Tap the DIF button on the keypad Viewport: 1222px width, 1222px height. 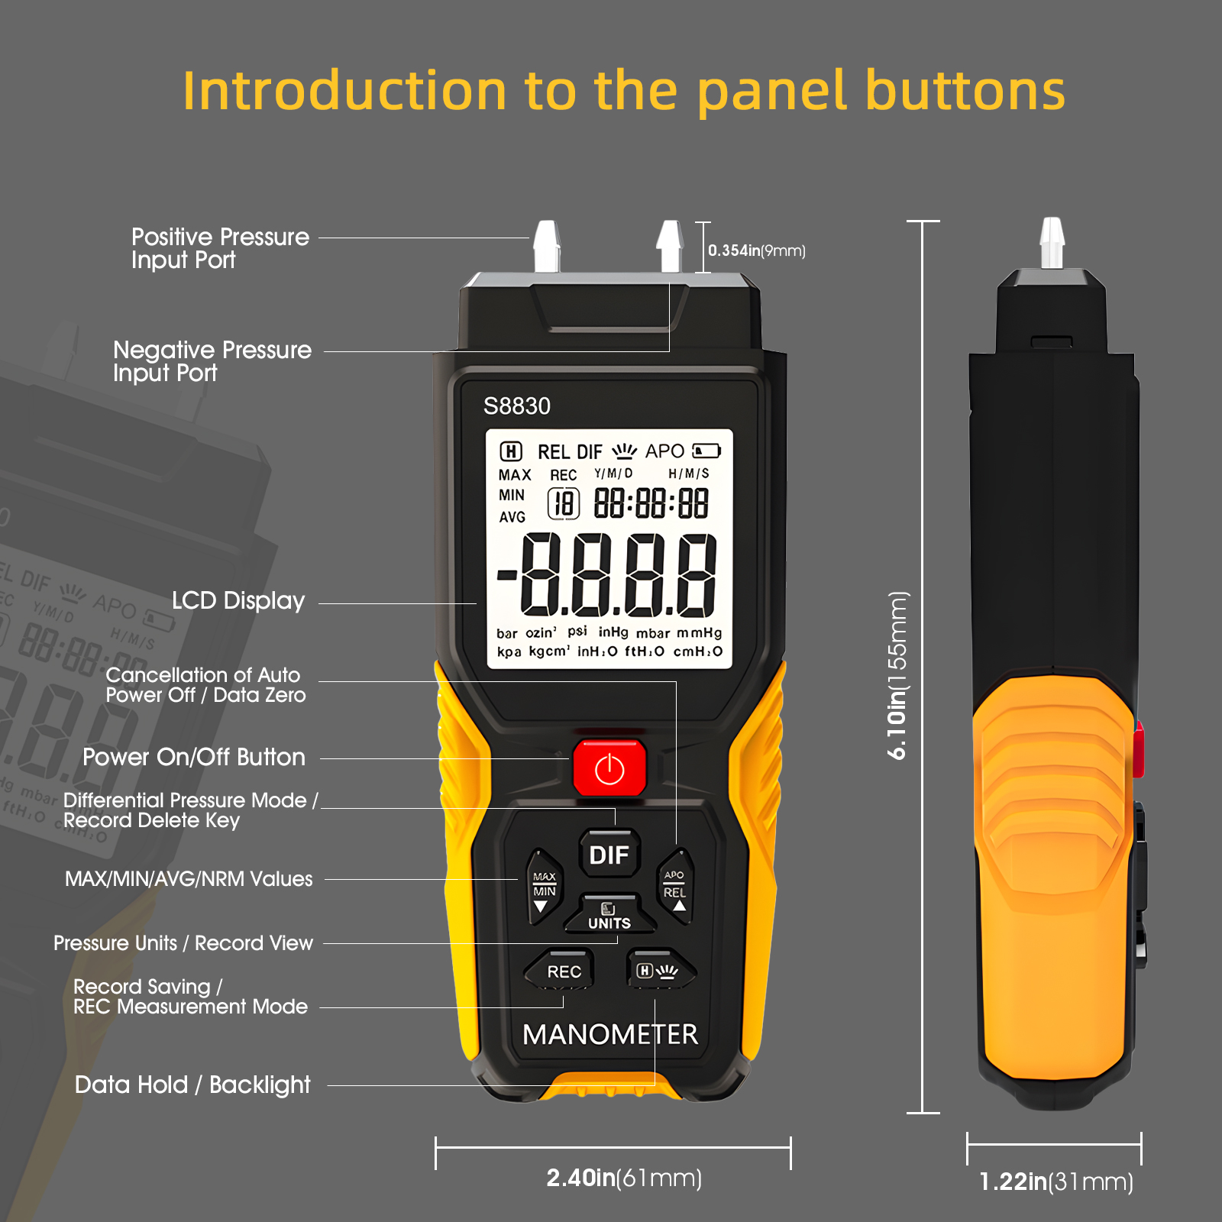coord(609,853)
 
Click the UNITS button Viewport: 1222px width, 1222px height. coord(609,914)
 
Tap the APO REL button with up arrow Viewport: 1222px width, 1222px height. coord(675,886)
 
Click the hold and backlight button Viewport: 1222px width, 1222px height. coord(659,970)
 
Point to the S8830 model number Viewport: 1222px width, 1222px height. coord(517,406)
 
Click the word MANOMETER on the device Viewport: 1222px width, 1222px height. coord(610,1035)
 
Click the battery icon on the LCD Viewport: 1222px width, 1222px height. coord(706,451)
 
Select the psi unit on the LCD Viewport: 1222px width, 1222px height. coord(577,632)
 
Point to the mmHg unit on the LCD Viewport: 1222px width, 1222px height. coord(699,632)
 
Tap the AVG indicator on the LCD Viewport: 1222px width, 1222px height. coord(512,517)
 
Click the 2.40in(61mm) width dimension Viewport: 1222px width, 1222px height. coord(624,1178)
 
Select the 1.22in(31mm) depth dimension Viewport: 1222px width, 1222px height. coord(1056,1182)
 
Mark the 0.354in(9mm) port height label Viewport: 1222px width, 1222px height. coord(757,251)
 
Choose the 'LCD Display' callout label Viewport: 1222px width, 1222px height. coord(238,601)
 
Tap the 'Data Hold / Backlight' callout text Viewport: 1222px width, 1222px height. coord(192,1085)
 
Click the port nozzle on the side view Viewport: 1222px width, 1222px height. coord(1052,242)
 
